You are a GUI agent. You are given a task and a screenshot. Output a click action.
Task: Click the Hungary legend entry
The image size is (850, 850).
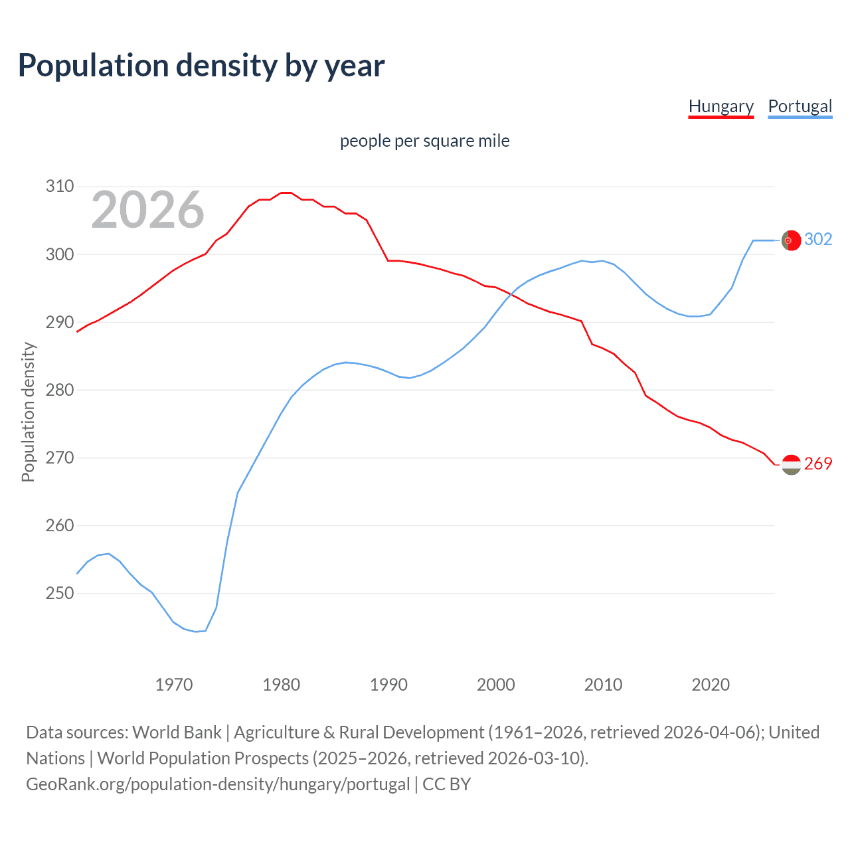click(x=721, y=106)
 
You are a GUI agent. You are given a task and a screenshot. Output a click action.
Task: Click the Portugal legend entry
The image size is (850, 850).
click(x=800, y=106)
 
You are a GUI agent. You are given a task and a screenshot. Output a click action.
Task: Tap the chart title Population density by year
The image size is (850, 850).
click(x=201, y=66)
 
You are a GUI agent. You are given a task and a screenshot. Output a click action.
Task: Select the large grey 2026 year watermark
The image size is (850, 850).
click(x=147, y=210)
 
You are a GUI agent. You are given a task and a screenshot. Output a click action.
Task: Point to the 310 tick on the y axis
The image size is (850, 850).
click(x=60, y=186)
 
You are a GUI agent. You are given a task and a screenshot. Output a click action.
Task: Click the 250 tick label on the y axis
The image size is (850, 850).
click(x=60, y=593)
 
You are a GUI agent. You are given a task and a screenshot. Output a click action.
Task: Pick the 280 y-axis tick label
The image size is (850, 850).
click(x=60, y=390)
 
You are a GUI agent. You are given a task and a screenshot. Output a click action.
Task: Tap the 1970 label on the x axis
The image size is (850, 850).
click(x=174, y=685)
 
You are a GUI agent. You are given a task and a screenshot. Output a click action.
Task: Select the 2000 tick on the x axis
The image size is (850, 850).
click(x=496, y=685)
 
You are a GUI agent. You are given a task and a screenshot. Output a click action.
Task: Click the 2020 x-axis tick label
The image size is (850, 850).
click(x=711, y=685)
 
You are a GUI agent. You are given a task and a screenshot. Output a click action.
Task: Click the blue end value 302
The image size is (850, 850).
click(x=818, y=239)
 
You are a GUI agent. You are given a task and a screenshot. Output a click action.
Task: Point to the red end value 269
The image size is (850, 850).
click(x=818, y=464)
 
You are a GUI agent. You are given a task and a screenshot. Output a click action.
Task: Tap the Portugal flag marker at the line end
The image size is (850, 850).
click(x=791, y=240)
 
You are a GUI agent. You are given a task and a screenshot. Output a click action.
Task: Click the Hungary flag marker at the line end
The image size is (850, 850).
click(x=791, y=465)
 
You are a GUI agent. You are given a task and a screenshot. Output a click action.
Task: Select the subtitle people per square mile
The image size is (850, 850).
click(x=425, y=141)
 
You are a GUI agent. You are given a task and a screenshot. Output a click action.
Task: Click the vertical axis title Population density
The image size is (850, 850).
click(x=28, y=412)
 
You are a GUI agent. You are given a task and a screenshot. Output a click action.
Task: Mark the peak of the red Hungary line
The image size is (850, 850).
click(x=286, y=193)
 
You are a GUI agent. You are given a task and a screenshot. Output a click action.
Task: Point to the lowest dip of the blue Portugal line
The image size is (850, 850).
click(x=196, y=632)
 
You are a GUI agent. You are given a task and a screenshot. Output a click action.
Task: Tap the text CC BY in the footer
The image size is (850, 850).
click(x=446, y=784)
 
